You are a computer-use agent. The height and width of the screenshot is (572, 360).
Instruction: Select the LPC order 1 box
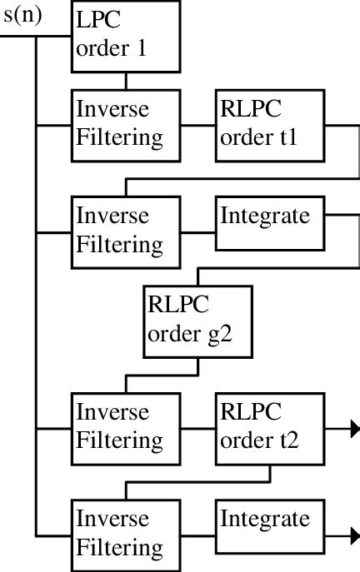click(125, 37)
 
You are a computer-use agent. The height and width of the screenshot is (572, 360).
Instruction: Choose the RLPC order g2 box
click(197, 322)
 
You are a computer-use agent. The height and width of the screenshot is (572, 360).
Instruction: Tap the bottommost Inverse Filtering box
click(125, 534)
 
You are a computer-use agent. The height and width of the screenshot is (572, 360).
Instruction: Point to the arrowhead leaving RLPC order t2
click(354, 429)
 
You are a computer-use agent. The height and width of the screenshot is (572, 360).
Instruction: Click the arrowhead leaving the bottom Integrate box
click(354, 535)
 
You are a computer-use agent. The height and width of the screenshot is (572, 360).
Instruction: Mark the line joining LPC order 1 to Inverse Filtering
click(125, 81)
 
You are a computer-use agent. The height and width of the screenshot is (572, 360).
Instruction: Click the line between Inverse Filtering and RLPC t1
click(197, 126)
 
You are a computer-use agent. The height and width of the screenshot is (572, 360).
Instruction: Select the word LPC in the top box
click(92, 23)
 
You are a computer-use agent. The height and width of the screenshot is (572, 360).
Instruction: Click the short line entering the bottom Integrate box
click(197, 535)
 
